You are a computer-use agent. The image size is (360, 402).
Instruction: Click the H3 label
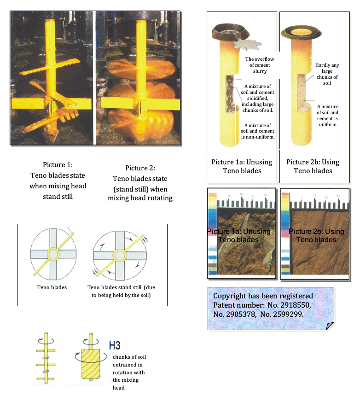[x=115, y=345]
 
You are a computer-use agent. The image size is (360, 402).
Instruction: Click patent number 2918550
[x=289, y=305]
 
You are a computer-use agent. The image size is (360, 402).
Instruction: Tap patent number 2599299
[x=282, y=315]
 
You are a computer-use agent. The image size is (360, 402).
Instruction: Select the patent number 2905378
[x=235, y=315]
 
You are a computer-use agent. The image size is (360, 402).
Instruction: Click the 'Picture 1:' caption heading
[x=58, y=164]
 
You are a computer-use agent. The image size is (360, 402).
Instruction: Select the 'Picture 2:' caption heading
[x=140, y=168]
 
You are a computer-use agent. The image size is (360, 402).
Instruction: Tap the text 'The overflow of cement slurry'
[x=260, y=65]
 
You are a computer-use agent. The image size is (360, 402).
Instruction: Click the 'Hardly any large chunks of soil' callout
[x=327, y=74]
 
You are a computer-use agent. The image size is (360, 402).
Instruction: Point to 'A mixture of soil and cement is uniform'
[x=327, y=116]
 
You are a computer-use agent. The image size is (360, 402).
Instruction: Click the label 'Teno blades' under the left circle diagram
[x=52, y=287]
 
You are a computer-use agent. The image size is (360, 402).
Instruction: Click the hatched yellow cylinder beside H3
[x=90, y=364]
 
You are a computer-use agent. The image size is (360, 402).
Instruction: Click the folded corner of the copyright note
[x=330, y=326]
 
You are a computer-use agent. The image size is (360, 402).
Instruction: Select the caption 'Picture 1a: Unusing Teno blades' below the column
[x=242, y=166]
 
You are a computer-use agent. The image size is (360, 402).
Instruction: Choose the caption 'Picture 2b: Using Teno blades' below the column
[x=313, y=166]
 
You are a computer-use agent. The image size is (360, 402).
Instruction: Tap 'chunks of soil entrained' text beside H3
[x=129, y=361]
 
